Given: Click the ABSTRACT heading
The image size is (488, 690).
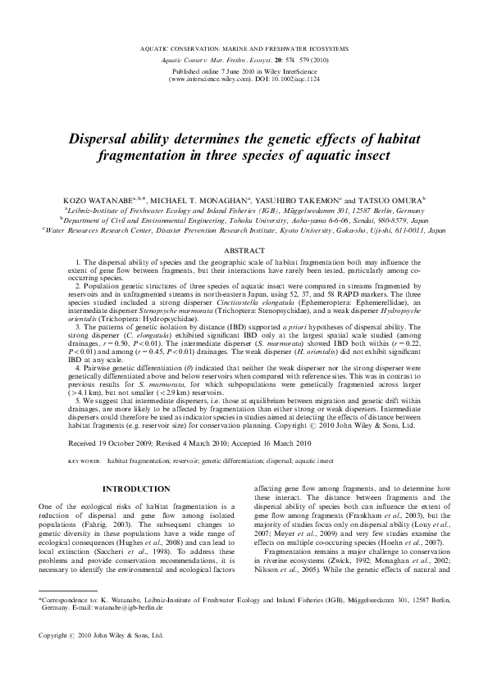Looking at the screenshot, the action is tap(244, 249).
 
